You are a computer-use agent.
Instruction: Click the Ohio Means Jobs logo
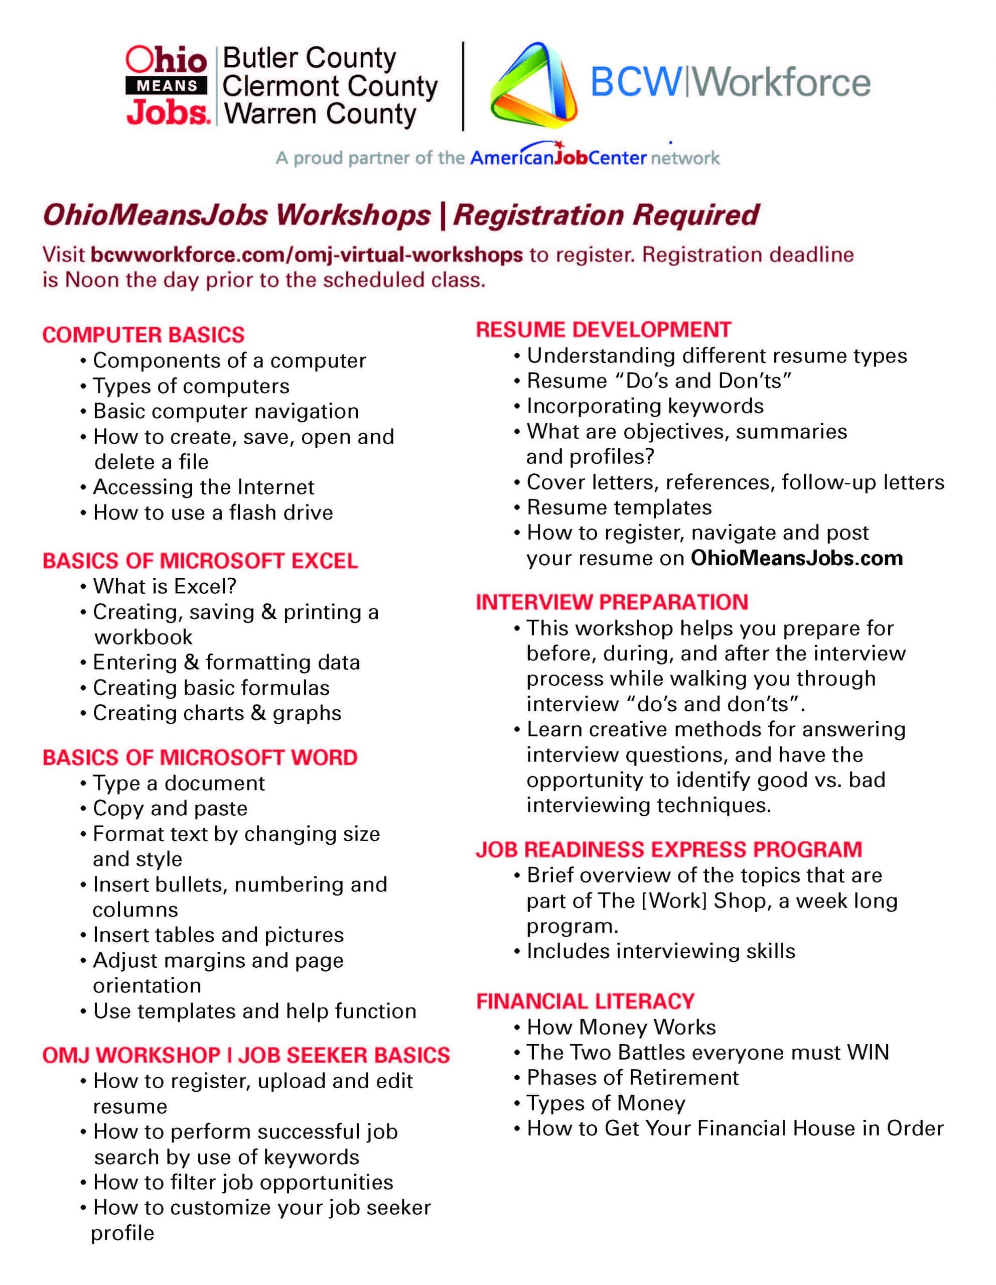(x=167, y=86)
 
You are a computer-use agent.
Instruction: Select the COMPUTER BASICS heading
(x=143, y=335)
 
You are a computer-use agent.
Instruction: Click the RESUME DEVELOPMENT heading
(x=603, y=329)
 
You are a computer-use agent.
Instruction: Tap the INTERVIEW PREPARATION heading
(x=612, y=602)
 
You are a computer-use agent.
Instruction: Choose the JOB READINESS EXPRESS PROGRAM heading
(x=668, y=850)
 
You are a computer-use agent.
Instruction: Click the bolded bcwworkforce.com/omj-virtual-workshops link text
(x=307, y=255)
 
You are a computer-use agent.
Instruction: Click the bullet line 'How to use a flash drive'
(x=212, y=512)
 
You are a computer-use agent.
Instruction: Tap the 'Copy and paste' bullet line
(x=170, y=809)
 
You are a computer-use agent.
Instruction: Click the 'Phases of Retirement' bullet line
(x=632, y=1077)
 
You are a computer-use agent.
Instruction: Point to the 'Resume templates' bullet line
(x=619, y=507)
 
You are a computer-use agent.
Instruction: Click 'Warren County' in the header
(x=320, y=114)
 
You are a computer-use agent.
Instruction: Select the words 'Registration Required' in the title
(x=606, y=215)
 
